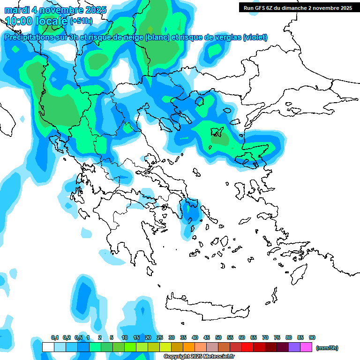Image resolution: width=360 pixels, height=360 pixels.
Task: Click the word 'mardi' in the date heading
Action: tap(16, 10)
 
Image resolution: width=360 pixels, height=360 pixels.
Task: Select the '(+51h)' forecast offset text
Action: tap(81, 21)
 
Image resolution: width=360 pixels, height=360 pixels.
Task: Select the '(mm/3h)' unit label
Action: tap(327, 348)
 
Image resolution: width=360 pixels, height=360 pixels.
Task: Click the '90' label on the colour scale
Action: tap(312, 338)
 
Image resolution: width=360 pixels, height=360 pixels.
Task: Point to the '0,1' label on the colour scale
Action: tap(55, 338)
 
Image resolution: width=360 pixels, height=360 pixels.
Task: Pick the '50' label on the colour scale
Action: tap(218, 338)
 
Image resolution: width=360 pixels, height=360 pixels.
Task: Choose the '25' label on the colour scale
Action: tap(160, 338)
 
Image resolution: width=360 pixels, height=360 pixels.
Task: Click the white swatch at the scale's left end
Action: tap(48, 347)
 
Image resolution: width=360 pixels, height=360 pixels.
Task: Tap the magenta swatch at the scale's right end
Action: tap(306, 347)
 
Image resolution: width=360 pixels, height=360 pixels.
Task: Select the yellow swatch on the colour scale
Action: tap(165, 347)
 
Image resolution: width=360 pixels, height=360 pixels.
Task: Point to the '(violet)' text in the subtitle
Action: tap(255, 37)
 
